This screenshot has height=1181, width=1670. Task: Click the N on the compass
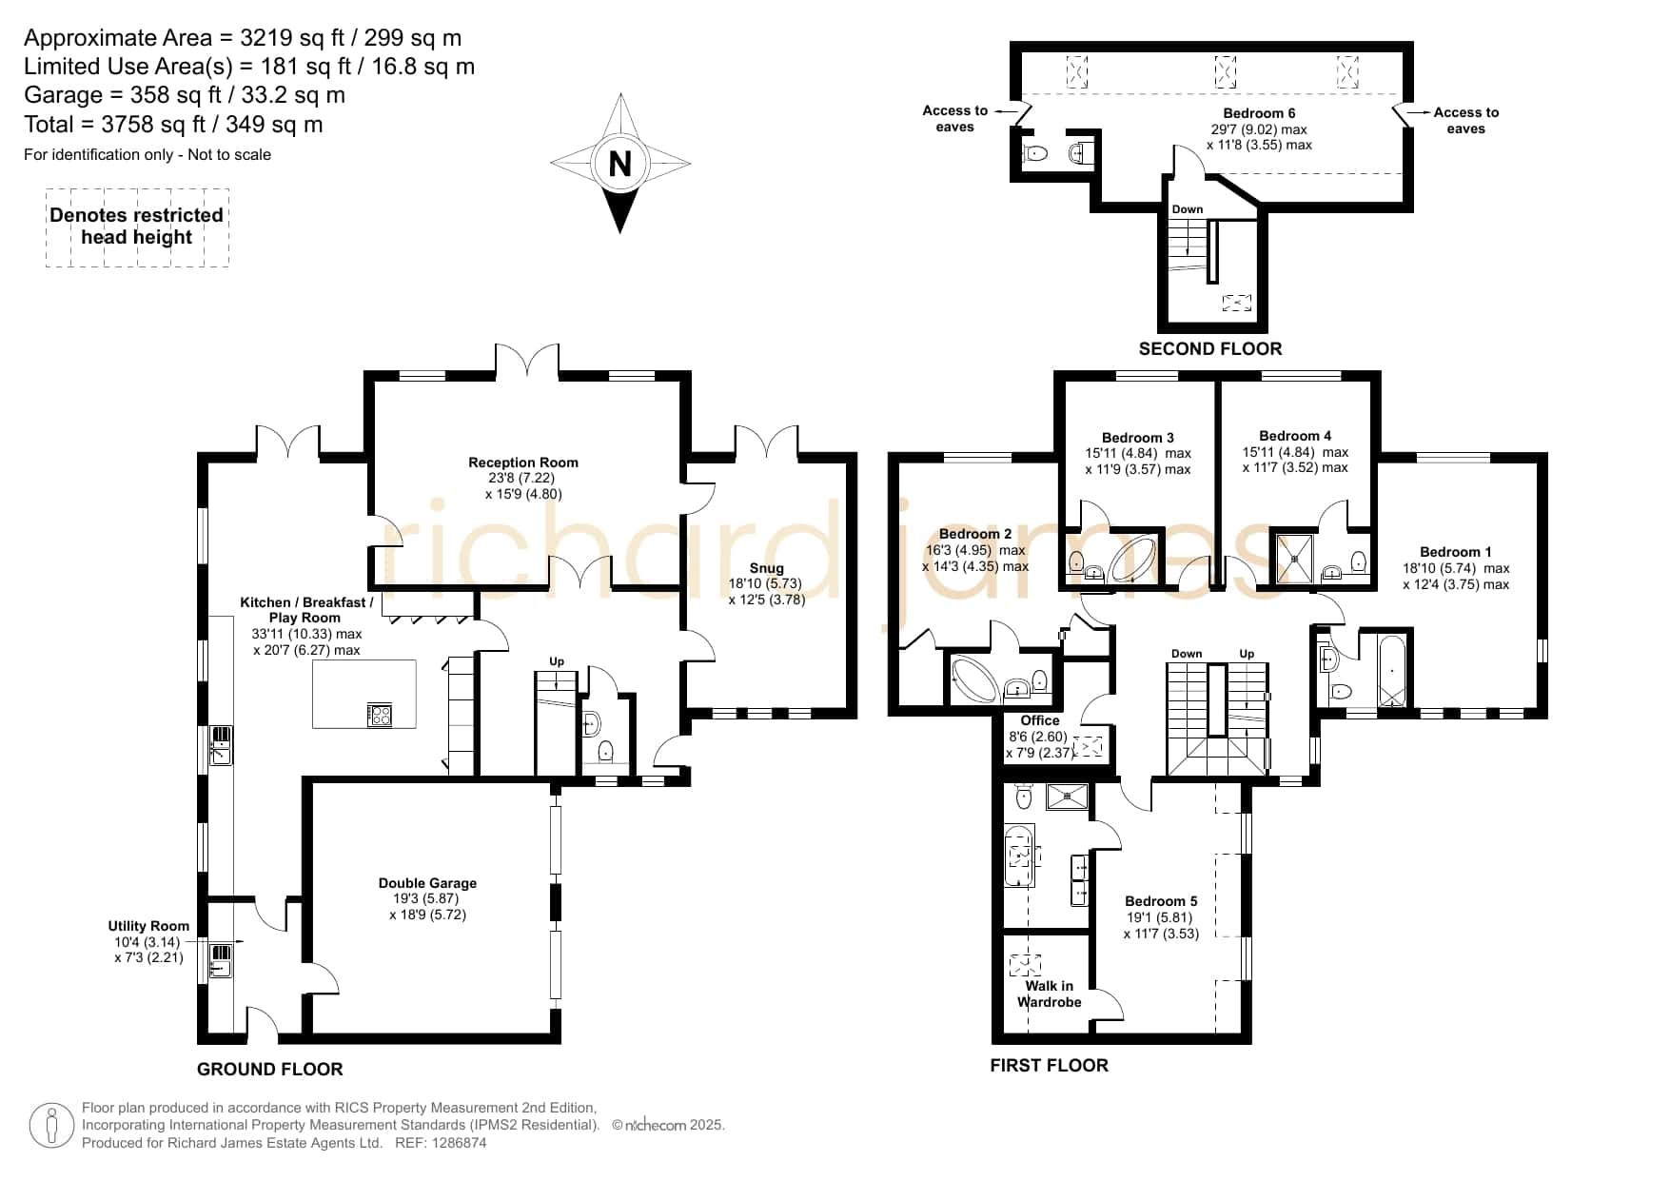619,164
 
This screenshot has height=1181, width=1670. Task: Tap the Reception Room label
523,463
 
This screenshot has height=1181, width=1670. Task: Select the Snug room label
766,568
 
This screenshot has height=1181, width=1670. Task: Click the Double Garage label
427,883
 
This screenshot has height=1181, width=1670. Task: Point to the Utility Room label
148,926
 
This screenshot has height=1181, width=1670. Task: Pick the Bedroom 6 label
1259,113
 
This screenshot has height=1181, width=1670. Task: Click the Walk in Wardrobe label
1050,994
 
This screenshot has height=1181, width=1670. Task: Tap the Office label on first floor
1040,720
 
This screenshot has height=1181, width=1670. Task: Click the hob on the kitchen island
380,715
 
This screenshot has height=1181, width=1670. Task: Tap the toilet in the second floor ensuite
1035,152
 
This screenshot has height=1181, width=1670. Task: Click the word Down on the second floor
1188,209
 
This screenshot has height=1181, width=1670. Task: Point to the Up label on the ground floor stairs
557,661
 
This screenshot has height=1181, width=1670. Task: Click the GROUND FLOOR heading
270,1069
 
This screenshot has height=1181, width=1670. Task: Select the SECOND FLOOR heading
1210,348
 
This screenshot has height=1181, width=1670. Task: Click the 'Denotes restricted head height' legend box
137,227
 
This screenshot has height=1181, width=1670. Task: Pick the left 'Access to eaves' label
954,119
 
